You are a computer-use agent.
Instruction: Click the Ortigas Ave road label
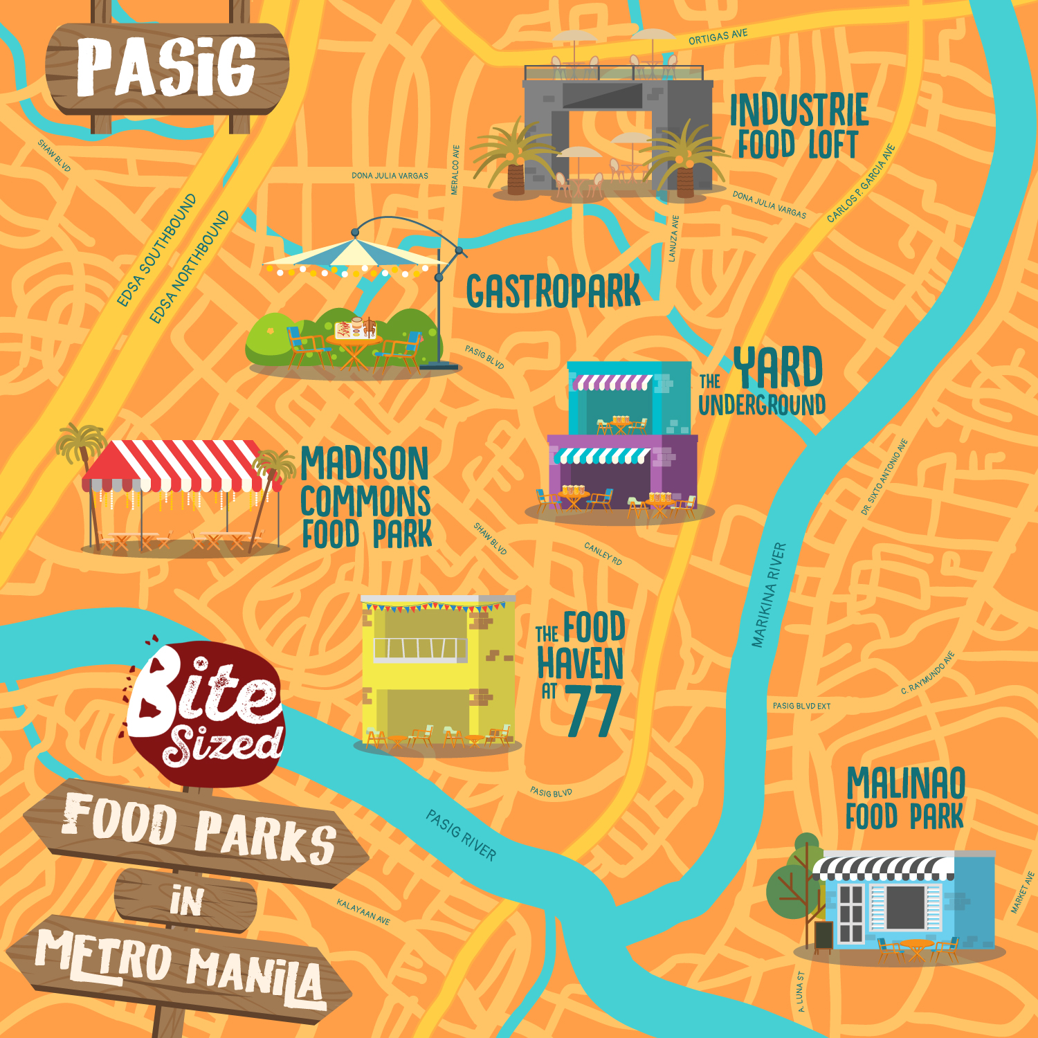click(x=718, y=37)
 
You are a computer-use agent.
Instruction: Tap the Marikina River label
click(x=769, y=595)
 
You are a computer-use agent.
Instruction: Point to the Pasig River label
click(x=461, y=835)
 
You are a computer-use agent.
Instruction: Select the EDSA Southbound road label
click(x=156, y=251)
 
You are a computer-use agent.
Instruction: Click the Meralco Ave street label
click(x=455, y=170)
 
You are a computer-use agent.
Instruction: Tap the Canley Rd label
click(x=603, y=553)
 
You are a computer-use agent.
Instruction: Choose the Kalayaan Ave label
click(x=363, y=911)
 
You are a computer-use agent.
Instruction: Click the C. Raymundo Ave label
click(x=928, y=673)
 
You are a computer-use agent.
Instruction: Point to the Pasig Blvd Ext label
click(x=801, y=706)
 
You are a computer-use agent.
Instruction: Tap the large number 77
click(x=593, y=711)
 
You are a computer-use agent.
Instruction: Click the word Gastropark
click(x=553, y=291)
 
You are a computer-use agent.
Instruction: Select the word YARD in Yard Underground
click(x=778, y=367)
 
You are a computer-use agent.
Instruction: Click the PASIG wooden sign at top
click(x=166, y=67)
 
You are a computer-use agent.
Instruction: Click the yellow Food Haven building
click(x=437, y=671)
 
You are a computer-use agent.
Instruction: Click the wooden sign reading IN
click(x=186, y=901)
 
